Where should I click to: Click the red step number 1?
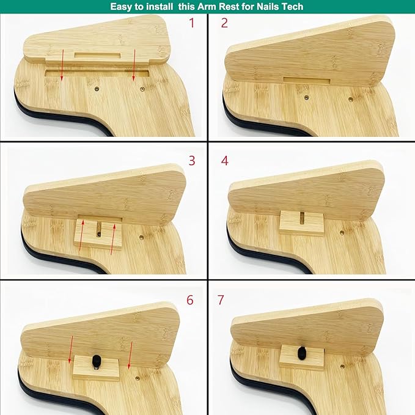[x=192, y=23]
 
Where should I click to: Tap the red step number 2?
[x=224, y=23]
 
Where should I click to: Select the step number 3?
[x=192, y=160]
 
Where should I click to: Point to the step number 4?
[x=225, y=160]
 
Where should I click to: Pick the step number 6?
[x=190, y=300]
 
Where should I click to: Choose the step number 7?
[x=221, y=300]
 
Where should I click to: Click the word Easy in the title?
[x=121, y=7]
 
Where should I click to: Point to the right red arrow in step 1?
[x=134, y=65]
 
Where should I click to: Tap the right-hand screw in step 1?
[x=142, y=89]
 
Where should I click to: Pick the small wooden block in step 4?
[x=302, y=222]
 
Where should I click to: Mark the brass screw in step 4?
[x=342, y=233]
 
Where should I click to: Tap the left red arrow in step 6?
[x=71, y=350]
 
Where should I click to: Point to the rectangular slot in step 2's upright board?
[x=306, y=81]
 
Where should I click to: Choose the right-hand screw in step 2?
[x=351, y=100]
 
